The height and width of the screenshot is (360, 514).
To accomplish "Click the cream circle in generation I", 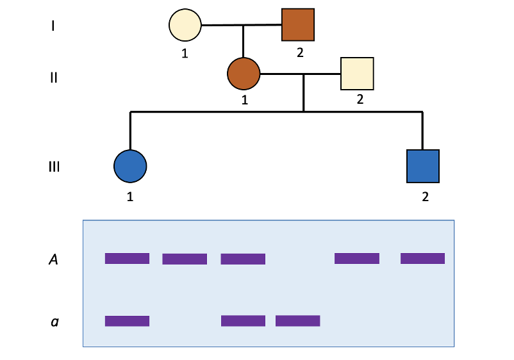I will [x=185, y=26].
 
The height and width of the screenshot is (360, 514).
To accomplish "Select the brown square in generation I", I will [x=298, y=26].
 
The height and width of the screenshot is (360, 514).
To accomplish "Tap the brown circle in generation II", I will [x=244, y=74].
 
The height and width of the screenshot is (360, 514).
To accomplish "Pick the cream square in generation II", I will [x=357, y=74].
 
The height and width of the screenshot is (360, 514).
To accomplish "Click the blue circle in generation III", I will [x=130, y=166].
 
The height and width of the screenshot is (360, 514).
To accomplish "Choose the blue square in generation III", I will [x=423, y=166].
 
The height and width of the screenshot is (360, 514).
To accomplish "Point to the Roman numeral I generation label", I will [x=54, y=26].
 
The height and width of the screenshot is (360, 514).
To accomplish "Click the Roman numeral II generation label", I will [x=54, y=78].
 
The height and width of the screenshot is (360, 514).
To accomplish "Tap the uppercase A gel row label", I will [x=54, y=259].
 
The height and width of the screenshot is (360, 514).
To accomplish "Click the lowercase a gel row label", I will [x=54, y=321].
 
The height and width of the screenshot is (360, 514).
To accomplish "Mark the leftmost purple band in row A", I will [x=127, y=259].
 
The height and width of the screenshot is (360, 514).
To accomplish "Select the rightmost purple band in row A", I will [x=422, y=259].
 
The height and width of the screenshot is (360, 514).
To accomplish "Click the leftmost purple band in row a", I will [x=127, y=321].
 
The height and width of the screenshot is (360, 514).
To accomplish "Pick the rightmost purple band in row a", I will [x=297, y=321].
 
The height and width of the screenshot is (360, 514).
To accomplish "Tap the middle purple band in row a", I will [x=243, y=321].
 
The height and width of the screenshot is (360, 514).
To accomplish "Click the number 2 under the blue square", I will [x=424, y=196].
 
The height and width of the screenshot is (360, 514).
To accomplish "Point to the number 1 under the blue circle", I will [x=130, y=197].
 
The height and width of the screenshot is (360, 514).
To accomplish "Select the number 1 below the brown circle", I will [x=244, y=100].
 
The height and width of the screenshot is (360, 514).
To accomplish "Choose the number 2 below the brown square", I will [x=299, y=53].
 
